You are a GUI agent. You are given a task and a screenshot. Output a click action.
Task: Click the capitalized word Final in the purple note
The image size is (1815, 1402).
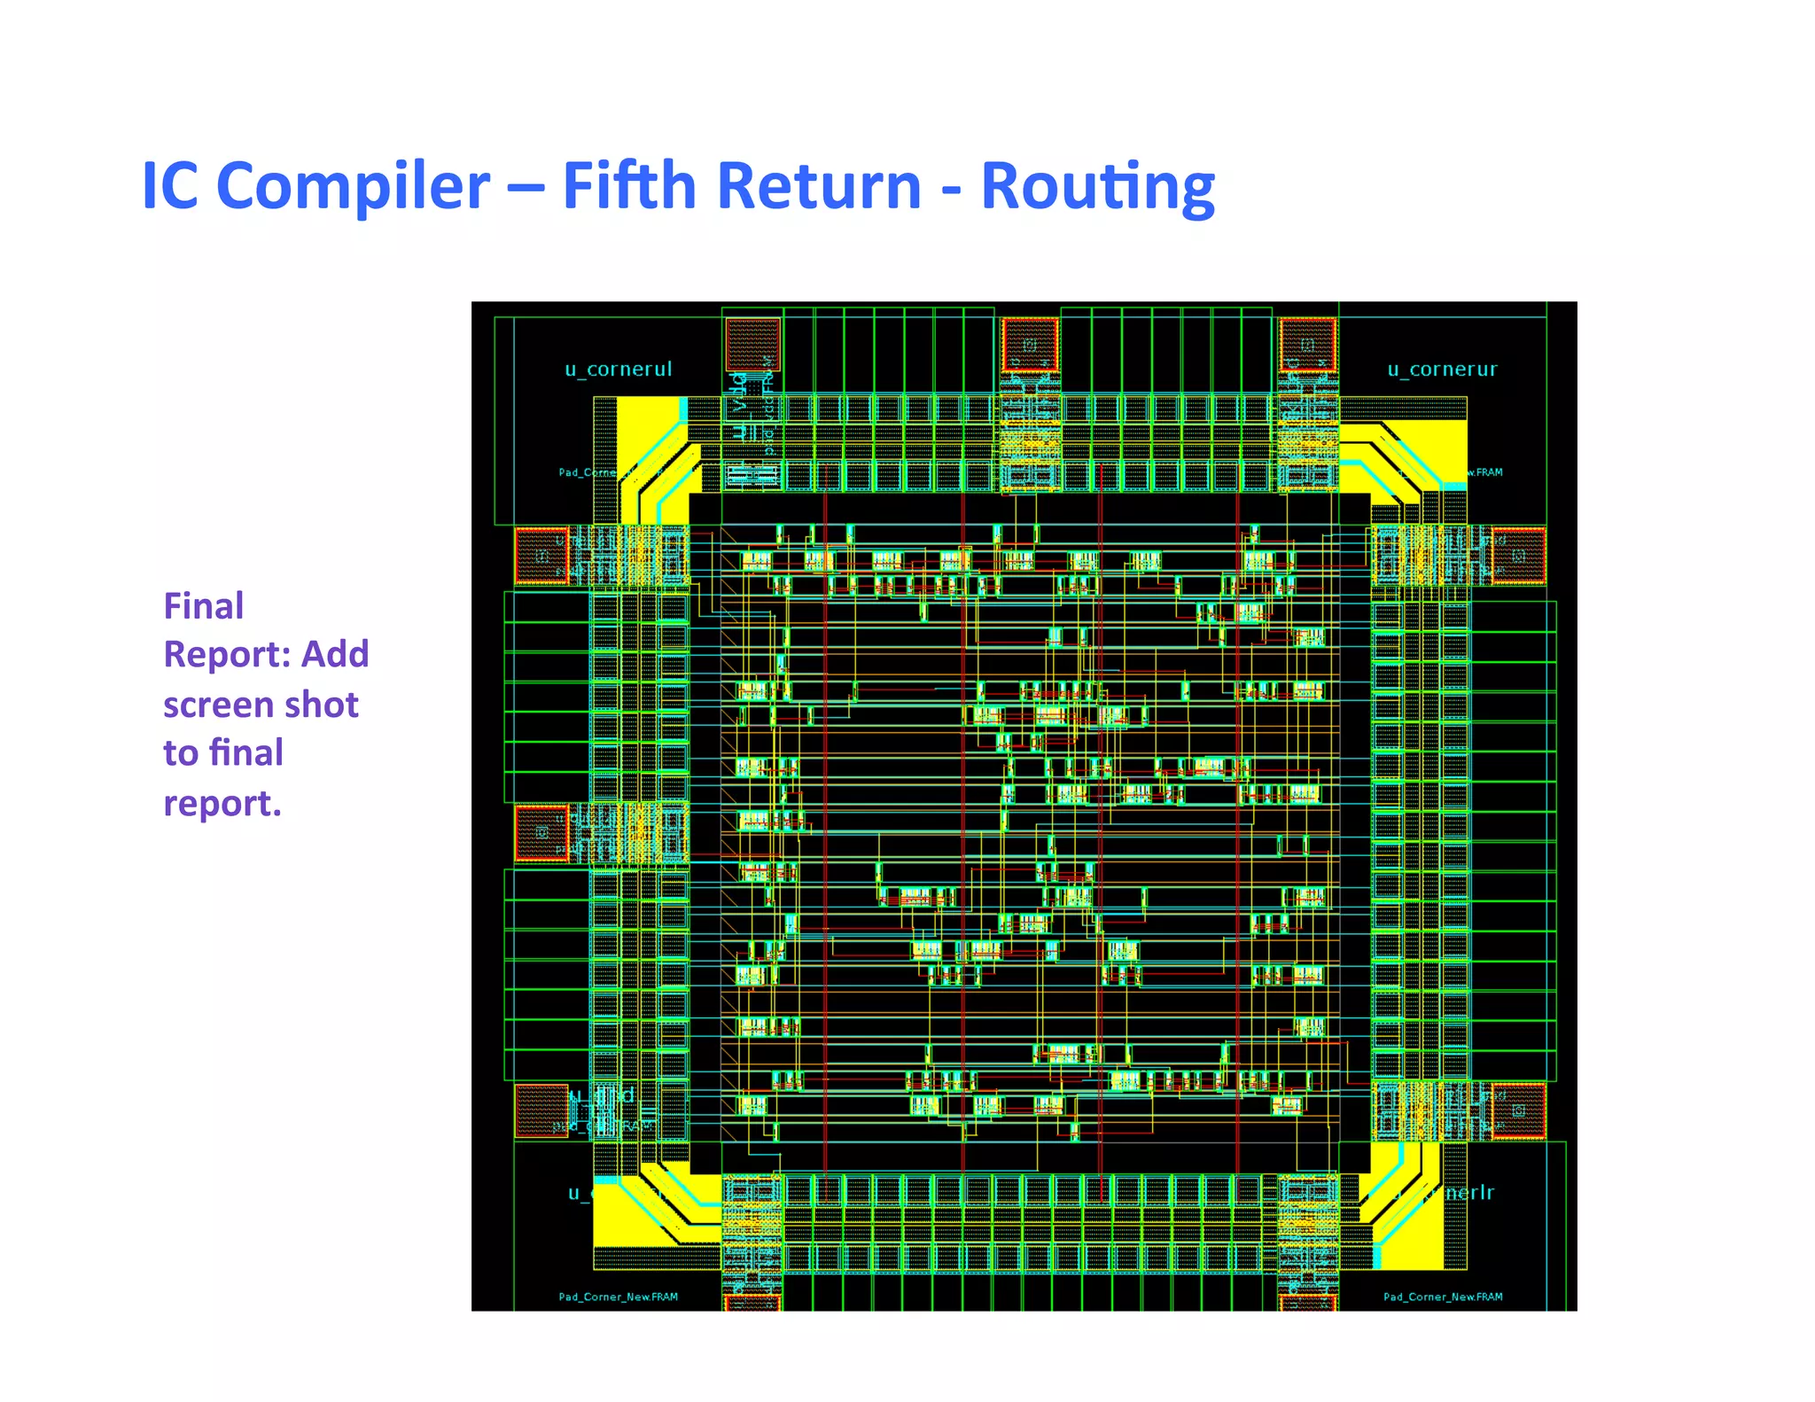[203, 606]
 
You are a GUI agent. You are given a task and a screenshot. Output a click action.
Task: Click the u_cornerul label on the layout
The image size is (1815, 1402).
[619, 369]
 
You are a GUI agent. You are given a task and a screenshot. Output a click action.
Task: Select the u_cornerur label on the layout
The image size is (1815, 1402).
[1442, 369]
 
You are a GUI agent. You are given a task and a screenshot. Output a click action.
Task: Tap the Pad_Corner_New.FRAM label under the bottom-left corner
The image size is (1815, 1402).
[618, 1297]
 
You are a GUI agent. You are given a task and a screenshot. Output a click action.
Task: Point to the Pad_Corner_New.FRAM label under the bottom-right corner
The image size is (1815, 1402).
[1443, 1297]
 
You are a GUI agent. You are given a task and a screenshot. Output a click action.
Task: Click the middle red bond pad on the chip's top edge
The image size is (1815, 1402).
[1030, 345]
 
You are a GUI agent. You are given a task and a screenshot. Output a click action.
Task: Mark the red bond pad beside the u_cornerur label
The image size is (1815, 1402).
[1307, 345]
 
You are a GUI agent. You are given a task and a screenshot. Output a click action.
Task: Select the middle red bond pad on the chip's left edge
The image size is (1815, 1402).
[541, 832]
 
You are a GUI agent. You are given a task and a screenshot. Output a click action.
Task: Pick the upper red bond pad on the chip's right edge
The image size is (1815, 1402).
[1519, 556]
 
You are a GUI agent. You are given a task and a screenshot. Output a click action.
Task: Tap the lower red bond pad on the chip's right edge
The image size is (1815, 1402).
[1519, 1110]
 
